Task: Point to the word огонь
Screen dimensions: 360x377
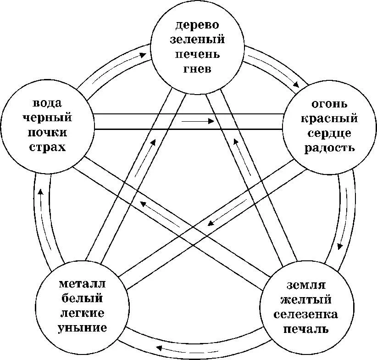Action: pos(326,103)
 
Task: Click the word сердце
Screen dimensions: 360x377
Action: pos(326,133)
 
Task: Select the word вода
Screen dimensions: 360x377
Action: pos(47,102)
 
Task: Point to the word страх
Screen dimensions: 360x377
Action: pos(47,147)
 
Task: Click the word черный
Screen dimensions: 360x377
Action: pos(47,118)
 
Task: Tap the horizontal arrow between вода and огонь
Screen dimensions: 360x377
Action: pos(198,122)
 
